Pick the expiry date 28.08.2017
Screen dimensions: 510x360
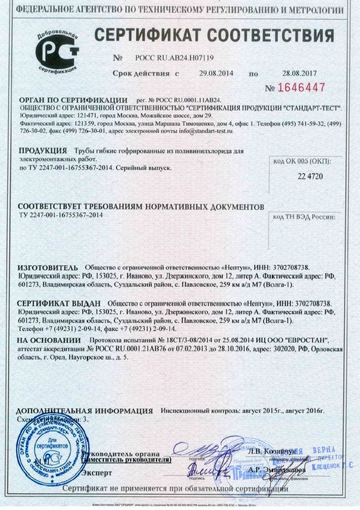click(x=300, y=73)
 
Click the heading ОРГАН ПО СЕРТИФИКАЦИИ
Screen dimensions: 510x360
click(x=73, y=100)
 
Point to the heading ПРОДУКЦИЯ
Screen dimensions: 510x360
click(x=43, y=151)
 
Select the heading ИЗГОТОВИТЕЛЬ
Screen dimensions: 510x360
click(x=48, y=267)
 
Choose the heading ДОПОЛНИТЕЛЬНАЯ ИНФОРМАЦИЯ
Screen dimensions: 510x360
click(x=84, y=412)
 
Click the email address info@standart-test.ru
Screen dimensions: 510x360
click(x=206, y=130)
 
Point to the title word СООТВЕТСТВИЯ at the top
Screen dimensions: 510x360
click(x=275, y=35)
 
